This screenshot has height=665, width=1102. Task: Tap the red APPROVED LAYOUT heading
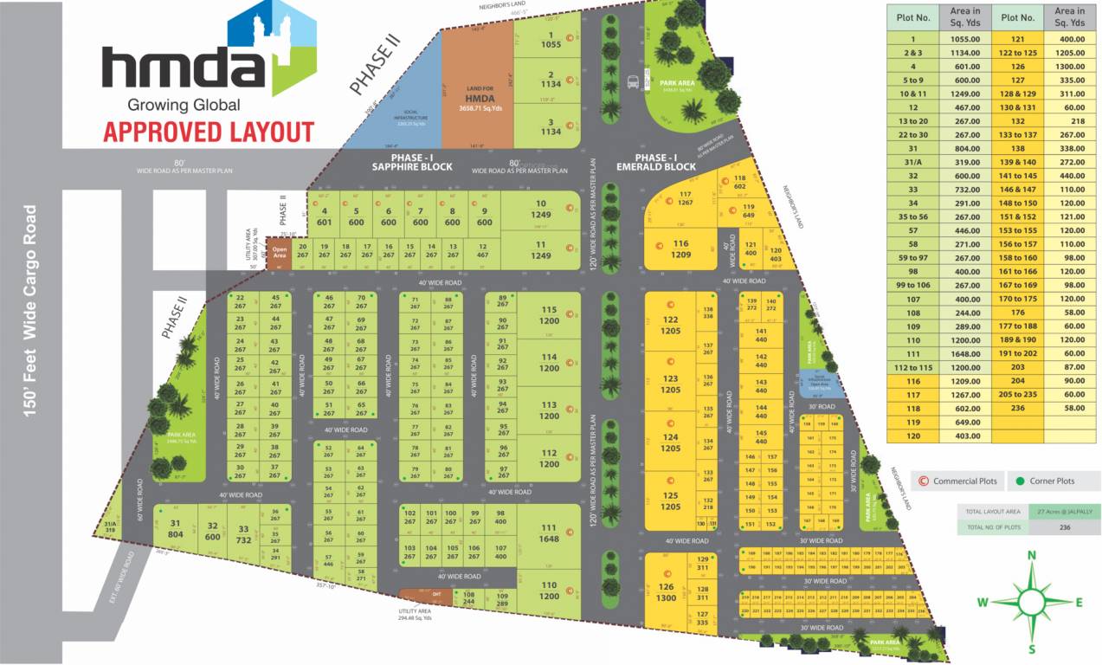209,132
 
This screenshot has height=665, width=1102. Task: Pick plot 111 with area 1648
549,533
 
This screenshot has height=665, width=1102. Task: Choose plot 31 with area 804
176,529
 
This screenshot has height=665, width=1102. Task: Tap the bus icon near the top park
634,82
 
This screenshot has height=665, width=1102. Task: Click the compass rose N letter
1031,556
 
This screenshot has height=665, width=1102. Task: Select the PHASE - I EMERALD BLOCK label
656,162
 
